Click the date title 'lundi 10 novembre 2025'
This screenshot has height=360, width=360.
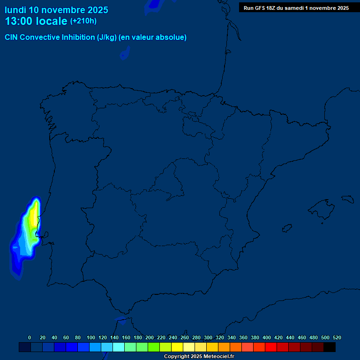(x=56, y=10)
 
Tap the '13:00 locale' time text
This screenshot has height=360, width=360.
(x=36, y=21)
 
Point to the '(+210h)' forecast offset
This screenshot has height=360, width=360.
(x=83, y=21)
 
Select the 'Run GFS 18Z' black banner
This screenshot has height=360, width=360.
(x=296, y=7)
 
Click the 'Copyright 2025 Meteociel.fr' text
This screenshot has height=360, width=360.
(x=199, y=357)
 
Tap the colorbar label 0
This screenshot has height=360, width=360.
(x=30, y=337)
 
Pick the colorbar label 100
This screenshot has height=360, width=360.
(x=91, y=337)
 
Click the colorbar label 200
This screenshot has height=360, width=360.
(x=150, y=337)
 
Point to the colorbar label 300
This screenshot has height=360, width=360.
(x=208, y=337)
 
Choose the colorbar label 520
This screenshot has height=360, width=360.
(x=337, y=337)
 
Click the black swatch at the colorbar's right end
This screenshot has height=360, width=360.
(x=330, y=347)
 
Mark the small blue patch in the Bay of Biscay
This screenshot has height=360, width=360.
(x=125, y=54)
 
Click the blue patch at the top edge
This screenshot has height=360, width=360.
(x=154, y=3)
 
